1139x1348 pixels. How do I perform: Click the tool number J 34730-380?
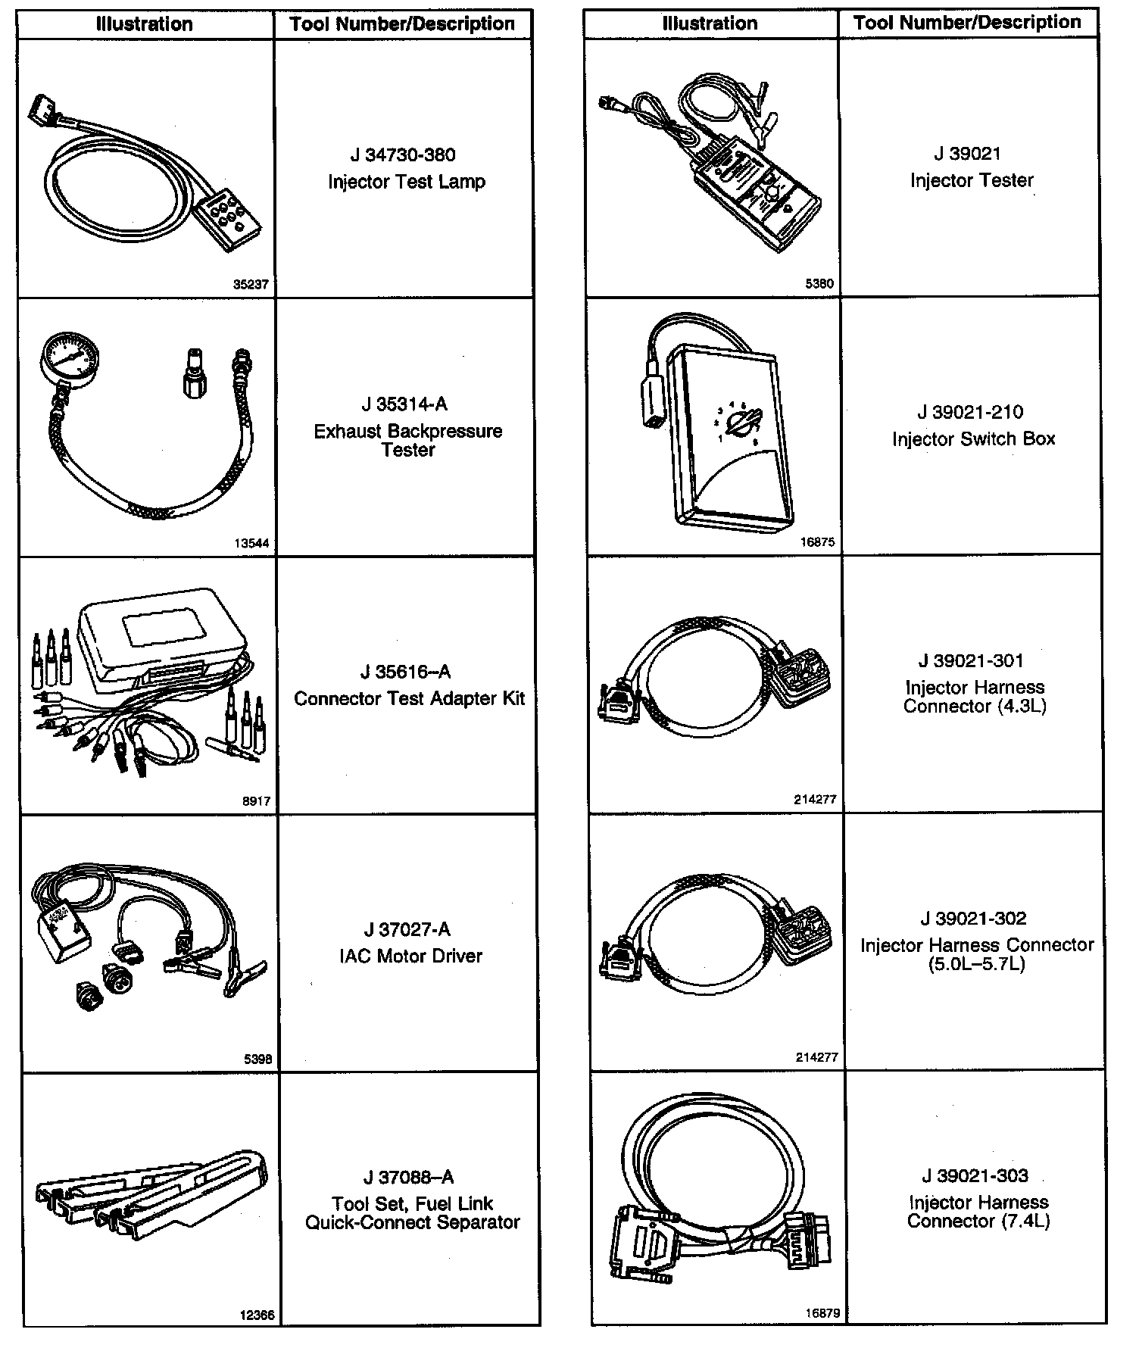403,155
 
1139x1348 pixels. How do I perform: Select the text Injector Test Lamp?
407,182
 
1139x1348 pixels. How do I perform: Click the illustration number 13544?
251,543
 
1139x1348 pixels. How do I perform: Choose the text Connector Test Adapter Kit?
409,698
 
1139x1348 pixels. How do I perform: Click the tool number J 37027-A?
407,929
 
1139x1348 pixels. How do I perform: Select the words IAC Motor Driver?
410,956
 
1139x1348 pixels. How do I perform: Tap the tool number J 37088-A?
408,1177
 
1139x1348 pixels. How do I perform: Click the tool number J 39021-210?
970,412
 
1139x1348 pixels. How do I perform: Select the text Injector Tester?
972,180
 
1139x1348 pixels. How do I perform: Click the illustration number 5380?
819,284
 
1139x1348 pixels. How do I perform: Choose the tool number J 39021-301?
971,661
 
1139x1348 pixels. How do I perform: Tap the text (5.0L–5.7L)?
976,964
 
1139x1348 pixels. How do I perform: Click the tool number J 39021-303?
975,1175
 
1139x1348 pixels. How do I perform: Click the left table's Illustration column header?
144,23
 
